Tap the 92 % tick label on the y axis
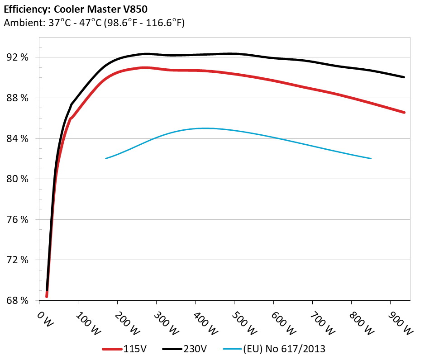point(17,57)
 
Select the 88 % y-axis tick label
point(17,98)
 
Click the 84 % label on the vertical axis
point(17,138)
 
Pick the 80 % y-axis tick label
point(17,179)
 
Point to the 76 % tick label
point(17,220)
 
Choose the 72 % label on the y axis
point(17,260)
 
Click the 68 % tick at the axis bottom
point(17,301)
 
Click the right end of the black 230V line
point(404,77)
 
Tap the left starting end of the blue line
point(105,158)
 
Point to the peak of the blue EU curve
point(204,128)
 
